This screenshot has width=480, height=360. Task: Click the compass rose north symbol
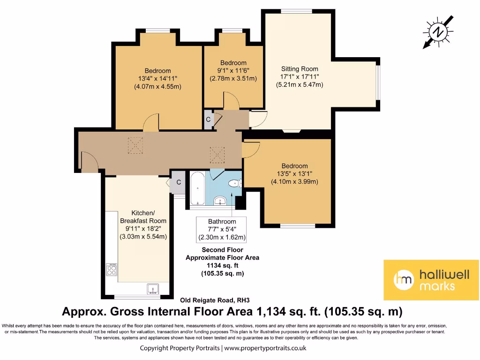438,32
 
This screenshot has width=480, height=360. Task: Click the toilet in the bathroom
232,184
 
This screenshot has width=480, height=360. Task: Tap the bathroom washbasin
220,202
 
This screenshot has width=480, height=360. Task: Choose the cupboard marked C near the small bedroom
208,119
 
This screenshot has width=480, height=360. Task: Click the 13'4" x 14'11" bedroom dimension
157,79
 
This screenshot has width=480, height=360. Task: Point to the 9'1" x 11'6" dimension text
233,71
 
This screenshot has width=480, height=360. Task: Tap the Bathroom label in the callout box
222,221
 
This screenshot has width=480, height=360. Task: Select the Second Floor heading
222,250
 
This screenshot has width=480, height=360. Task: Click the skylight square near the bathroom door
217,153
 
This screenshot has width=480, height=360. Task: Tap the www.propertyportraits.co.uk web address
265,348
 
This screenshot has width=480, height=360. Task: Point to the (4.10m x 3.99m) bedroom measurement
294,182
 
